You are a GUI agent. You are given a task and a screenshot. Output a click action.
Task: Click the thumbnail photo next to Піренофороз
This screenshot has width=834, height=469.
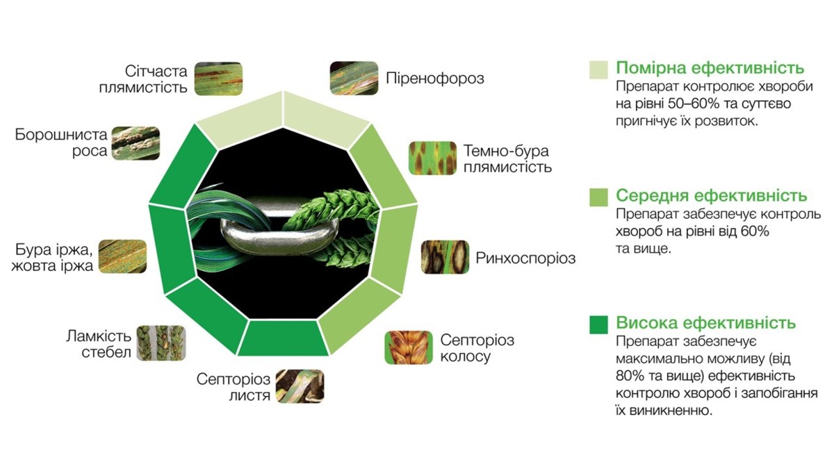(x=354, y=78)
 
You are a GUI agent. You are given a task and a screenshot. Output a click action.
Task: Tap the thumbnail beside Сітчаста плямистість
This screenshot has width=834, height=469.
(x=218, y=79)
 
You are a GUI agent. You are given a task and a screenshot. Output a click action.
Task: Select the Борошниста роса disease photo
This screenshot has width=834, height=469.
(x=136, y=143)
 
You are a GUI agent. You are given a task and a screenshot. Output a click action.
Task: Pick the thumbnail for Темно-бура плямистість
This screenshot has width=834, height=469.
(x=432, y=158)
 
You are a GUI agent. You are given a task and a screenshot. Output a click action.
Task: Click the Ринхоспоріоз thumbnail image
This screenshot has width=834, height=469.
(x=445, y=257)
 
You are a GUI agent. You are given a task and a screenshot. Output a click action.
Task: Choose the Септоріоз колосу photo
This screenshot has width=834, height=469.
(x=409, y=347)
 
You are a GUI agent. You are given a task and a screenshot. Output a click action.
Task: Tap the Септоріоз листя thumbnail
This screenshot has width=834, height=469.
(x=300, y=386)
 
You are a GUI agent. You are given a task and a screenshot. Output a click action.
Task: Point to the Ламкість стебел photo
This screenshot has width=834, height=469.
(x=161, y=343)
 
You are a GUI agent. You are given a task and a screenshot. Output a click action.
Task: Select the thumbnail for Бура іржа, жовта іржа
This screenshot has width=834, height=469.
(x=122, y=256)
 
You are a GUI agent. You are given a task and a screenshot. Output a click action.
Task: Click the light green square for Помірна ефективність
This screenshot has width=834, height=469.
(x=598, y=70)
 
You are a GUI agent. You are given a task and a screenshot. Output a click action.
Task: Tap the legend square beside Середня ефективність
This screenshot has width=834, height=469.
(x=598, y=197)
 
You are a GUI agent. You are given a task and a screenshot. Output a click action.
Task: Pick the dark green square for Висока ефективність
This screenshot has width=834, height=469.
(x=598, y=324)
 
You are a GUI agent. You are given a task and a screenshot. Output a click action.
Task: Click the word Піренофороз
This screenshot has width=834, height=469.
(x=435, y=79)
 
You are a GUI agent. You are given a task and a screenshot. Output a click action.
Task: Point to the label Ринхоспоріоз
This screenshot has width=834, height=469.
(x=525, y=258)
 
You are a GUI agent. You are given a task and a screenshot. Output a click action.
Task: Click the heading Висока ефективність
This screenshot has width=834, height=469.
(x=706, y=322)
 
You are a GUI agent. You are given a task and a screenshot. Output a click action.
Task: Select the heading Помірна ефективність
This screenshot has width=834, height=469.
(x=710, y=68)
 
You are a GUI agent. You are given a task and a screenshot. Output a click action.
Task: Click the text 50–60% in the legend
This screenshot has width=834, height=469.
(x=694, y=104)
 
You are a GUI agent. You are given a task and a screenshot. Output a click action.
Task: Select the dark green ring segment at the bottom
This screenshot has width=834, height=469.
(x=283, y=338)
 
